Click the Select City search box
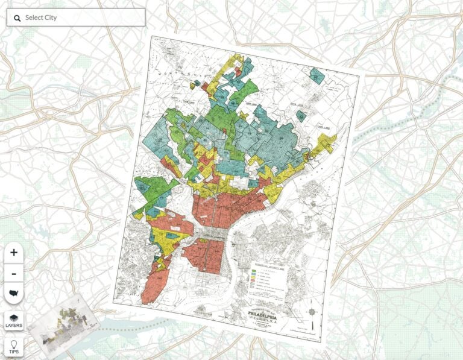[x=75, y=17]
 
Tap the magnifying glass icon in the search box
[x=17, y=17]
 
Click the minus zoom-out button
[x=14, y=273]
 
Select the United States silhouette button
[x=14, y=293]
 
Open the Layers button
[x=14, y=321]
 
